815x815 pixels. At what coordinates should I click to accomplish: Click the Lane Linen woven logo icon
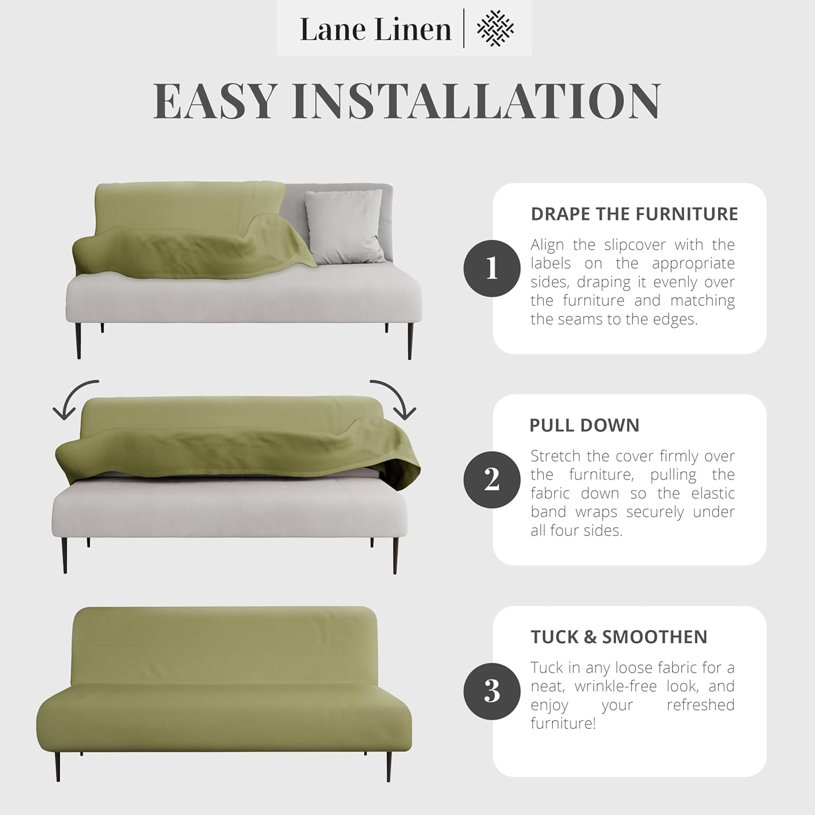coord(495,28)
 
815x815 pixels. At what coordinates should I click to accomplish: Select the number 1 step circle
coord(492,268)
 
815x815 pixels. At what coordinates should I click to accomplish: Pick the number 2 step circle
coord(492,480)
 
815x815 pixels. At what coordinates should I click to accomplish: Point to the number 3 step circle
coord(492,691)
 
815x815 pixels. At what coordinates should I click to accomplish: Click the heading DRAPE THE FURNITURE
coord(634,214)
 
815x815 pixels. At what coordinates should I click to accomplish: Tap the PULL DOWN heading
coord(585,425)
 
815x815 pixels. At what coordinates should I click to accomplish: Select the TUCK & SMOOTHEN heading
coord(619,637)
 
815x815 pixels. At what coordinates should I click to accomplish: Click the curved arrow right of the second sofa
coord(394,398)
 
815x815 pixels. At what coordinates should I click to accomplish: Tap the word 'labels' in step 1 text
coord(550,264)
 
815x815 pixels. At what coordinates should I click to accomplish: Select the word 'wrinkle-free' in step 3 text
coord(616,686)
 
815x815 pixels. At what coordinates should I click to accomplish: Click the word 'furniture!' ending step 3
coord(563,723)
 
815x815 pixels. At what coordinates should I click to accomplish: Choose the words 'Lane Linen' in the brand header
coord(375,29)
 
